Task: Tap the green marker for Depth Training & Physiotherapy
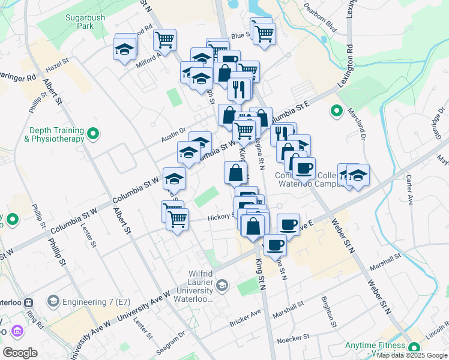(x=92, y=133)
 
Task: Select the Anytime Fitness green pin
(x=414, y=348)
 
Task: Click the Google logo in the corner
(x=20, y=353)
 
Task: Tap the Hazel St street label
(x=58, y=65)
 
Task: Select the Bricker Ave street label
(x=247, y=319)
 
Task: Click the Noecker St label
(x=294, y=339)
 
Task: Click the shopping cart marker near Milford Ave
(x=164, y=40)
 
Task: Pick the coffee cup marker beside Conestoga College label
(x=304, y=167)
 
